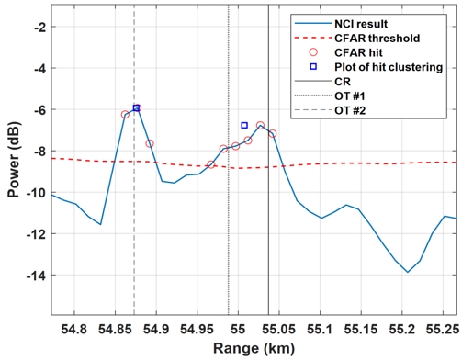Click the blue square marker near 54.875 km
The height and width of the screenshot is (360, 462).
point(137,108)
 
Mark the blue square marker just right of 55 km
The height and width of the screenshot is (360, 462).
point(244,125)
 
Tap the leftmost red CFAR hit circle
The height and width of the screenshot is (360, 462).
point(125,115)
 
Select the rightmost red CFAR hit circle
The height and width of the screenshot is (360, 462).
point(273,134)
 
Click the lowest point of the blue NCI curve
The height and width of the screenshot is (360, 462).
point(408,272)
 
